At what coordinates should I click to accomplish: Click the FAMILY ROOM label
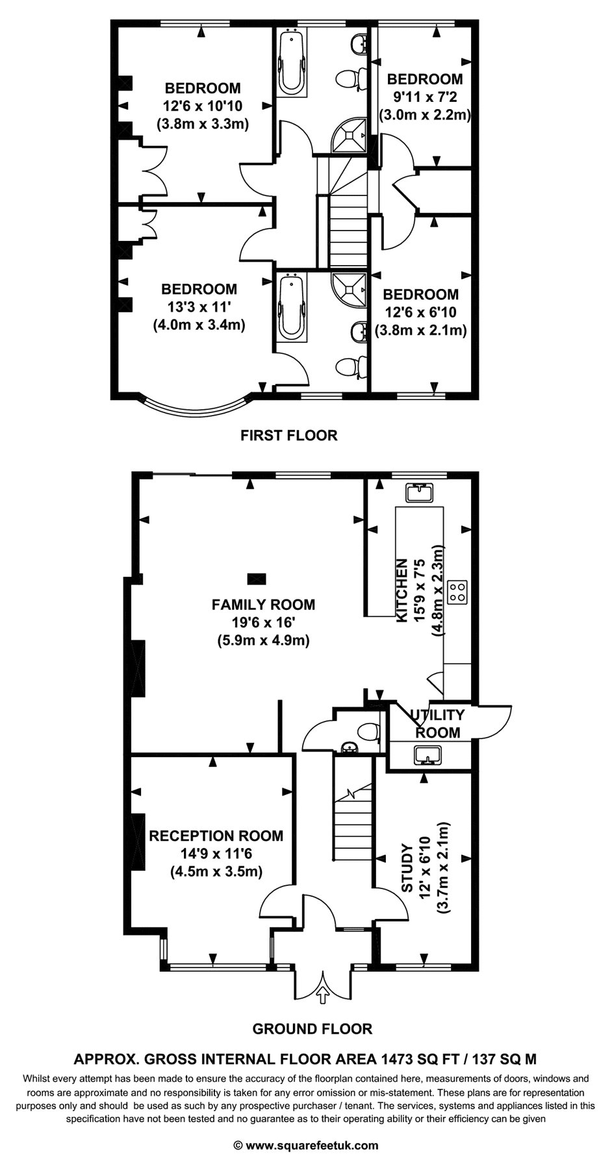coord(263,605)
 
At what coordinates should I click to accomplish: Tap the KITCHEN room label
coord(403,590)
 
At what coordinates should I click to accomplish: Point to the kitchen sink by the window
coord(419,493)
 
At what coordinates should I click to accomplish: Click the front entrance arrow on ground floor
coord(323,994)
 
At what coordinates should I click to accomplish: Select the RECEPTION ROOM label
coord(216,836)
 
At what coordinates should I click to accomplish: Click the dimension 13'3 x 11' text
coord(199,307)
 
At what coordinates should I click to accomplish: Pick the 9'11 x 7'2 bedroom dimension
coord(424,97)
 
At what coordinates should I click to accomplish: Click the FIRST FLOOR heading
coord(289,435)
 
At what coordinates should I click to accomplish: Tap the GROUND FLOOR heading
coord(312,1029)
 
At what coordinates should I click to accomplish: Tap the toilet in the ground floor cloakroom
coord(368,731)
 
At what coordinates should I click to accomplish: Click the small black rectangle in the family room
coord(257,577)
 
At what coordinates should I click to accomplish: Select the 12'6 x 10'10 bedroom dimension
coord(203,106)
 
